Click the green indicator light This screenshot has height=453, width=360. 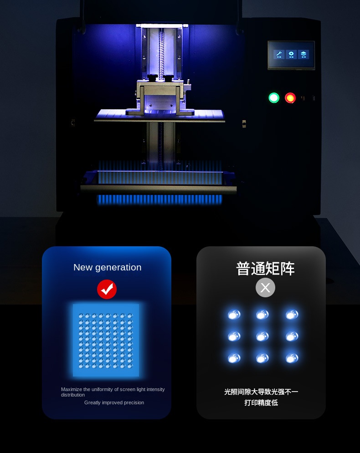click(274, 97)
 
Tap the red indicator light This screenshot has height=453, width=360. click(290, 97)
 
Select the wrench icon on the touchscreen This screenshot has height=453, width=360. click(279, 54)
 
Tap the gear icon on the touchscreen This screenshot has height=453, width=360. click(291, 54)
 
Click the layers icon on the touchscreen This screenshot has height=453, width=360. click(303, 54)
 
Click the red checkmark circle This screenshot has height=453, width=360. click(107, 289)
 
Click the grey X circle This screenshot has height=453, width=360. click(265, 287)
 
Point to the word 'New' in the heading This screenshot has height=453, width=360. click(82, 267)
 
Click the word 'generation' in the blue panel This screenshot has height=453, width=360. click(118, 268)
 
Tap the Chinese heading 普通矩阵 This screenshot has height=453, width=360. click(265, 269)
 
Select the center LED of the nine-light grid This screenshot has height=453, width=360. click(262, 336)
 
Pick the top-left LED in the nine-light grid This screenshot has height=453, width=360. click(234, 314)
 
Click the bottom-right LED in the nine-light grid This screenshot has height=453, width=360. click(292, 358)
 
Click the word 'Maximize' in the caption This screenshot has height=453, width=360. click(72, 389)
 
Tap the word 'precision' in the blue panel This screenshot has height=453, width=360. click(134, 403)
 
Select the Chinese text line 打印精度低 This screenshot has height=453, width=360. click(261, 402)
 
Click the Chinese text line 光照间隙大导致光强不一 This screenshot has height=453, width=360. click(261, 392)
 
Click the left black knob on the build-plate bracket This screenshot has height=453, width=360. click(152, 77)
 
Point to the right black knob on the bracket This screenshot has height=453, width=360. click(168, 78)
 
